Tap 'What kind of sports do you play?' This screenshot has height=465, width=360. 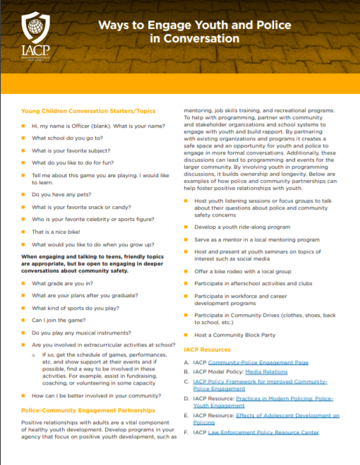pyautogui.click(x=73, y=308)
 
